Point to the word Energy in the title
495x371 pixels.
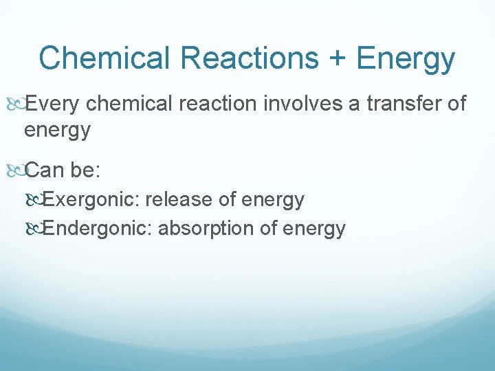coord(405,60)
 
